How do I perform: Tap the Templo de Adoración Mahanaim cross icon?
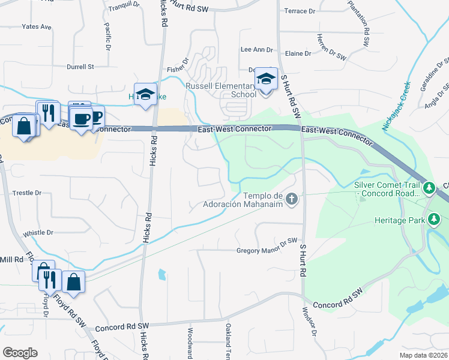click(x=292, y=199)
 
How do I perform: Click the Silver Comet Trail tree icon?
click(x=429, y=189)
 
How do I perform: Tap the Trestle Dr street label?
click(x=27, y=193)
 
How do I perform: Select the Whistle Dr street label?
click(x=38, y=233)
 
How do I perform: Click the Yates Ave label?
click(x=37, y=27)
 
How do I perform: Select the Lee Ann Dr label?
click(x=256, y=50)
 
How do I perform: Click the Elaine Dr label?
click(x=298, y=53)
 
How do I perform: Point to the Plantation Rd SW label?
click(x=359, y=24)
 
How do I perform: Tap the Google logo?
click(x=20, y=353)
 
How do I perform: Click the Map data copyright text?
click(x=424, y=355)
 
